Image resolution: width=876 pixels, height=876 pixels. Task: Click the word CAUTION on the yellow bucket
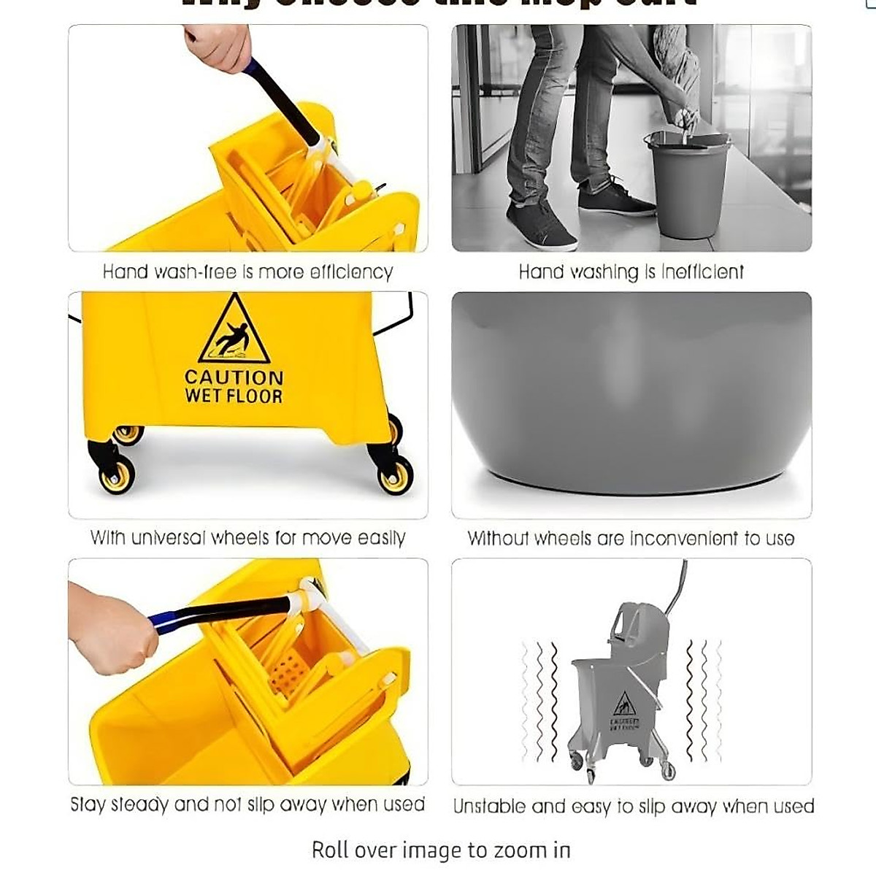point(234,377)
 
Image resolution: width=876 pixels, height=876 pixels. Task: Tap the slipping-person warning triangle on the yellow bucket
point(234,332)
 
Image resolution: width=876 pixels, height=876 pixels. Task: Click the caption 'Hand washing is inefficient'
point(631,272)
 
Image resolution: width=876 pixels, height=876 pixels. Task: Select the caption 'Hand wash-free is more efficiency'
point(247,272)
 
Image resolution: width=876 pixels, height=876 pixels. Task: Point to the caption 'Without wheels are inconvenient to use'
point(631,539)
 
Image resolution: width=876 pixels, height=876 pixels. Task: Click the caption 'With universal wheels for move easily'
point(247,538)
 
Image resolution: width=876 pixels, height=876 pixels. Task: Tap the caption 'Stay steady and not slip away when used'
point(247,804)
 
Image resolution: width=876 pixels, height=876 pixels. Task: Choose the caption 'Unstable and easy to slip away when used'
point(633,806)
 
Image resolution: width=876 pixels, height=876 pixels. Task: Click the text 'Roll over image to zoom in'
point(441,850)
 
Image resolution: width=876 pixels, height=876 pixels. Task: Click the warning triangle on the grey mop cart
point(623,705)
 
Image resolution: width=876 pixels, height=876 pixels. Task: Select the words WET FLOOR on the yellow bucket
point(234,396)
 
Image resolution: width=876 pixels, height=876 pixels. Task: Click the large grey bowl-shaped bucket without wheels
point(631,394)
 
